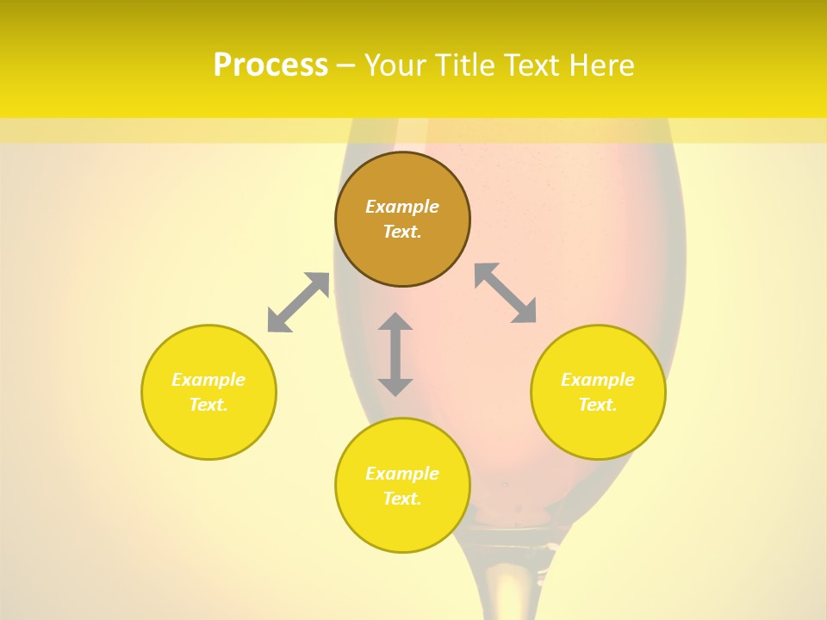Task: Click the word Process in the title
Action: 270,65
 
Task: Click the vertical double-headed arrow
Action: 395,354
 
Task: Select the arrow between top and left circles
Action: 298,302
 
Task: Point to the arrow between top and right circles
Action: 506,293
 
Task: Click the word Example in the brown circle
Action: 402,207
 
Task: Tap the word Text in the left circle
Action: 208,405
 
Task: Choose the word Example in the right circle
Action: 598,380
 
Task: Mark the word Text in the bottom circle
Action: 401,499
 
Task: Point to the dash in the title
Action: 345,65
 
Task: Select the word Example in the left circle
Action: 208,380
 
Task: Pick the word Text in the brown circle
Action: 401,232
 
